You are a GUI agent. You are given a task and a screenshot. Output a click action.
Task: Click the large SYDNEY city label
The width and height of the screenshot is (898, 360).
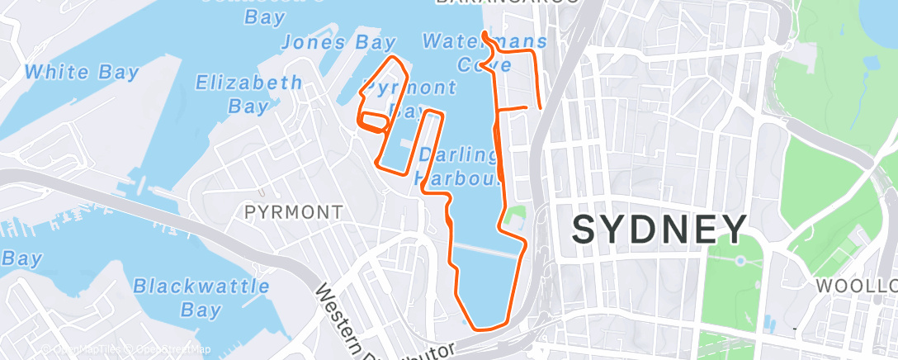(x=660, y=229)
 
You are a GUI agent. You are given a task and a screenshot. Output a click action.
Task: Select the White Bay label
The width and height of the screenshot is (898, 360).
(x=82, y=72)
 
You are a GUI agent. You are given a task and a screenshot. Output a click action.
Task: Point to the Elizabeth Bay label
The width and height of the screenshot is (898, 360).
(x=248, y=93)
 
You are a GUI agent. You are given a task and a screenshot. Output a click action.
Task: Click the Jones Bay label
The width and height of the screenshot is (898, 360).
(x=338, y=42)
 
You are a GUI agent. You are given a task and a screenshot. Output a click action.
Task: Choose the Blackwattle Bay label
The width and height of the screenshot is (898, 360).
(x=201, y=298)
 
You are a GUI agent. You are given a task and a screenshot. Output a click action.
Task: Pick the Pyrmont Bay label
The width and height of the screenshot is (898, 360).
(x=409, y=97)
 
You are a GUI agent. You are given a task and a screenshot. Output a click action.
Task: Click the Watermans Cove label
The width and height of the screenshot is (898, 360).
(x=484, y=51)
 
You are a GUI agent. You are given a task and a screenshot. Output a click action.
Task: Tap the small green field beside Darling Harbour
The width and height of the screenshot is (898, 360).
(x=516, y=219)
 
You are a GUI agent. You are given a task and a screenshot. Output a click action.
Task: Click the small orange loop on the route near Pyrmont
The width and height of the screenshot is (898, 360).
(x=373, y=122)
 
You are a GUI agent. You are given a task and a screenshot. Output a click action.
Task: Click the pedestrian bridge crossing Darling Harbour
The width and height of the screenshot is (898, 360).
(x=487, y=248)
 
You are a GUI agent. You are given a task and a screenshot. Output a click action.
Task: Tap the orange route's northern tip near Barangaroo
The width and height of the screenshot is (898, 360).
(x=484, y=35)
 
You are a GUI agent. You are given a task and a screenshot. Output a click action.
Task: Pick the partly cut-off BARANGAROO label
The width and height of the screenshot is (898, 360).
(x=507, y=3)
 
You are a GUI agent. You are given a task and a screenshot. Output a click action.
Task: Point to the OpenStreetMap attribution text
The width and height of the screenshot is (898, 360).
(x=169, y=349)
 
